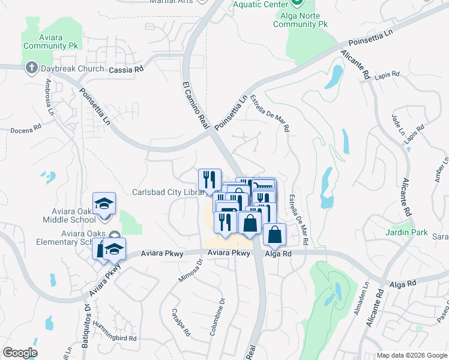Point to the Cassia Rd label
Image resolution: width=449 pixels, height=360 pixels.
(x=126, y=70)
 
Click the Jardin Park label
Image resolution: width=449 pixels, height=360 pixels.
(x=406, y=232)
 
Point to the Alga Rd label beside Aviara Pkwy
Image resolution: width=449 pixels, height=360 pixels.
(x=279, y=254)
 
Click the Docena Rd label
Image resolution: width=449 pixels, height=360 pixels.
(x=26, y=128)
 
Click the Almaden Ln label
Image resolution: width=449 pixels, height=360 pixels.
(x=360, y=310)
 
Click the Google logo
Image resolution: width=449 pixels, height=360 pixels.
(x=20, y=353)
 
